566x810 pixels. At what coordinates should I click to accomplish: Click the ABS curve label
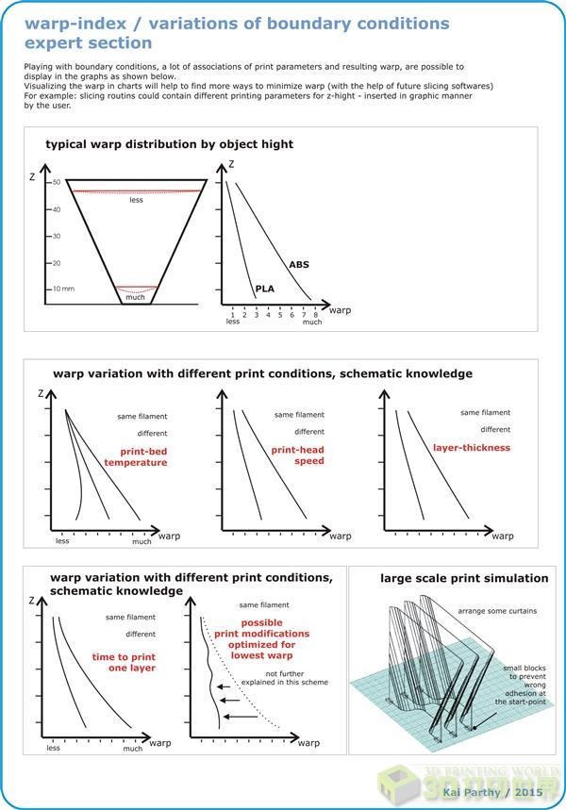coord(297,266)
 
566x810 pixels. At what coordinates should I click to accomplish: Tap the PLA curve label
coord(264,289)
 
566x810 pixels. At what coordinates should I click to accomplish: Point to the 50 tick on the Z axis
coord(56,182)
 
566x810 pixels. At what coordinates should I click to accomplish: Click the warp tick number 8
coord(315,314)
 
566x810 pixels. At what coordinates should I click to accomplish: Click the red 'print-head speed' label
coord(297,455)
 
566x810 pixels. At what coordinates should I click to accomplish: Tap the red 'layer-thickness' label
coord(471,448)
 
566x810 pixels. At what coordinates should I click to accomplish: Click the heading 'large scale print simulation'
coord(451,577)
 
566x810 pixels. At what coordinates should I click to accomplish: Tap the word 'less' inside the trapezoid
coord(137,199)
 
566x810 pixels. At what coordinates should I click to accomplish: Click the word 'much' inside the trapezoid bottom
coord(135,297)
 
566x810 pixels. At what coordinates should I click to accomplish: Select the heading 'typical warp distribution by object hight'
coord(170,144)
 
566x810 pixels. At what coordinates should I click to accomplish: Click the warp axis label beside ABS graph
coord(338,307)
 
